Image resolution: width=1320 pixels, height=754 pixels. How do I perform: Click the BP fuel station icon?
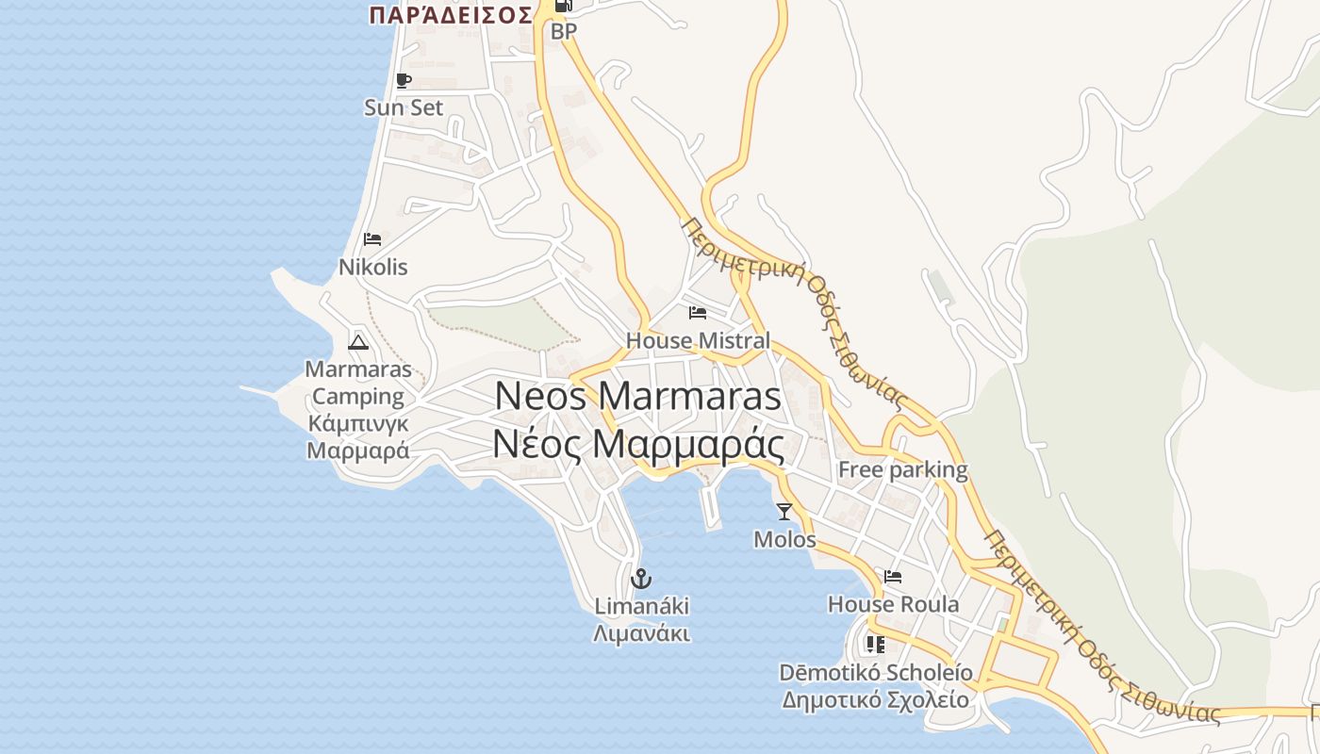pyautogui.click(x=564, y=6)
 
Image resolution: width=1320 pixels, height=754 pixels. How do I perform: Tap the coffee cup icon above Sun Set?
pyautogui.click(x=404, y=81)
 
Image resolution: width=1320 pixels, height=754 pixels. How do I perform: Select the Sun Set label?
pyautogui.click(x=404, y=107)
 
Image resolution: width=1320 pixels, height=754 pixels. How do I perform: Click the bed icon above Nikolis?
pyautogui.click(x=372, y=239)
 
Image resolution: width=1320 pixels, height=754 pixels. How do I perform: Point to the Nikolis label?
pyautogui.click(x=373, y=268)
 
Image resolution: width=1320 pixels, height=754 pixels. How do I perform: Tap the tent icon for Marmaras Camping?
pyautogui.click(x=357, y=341)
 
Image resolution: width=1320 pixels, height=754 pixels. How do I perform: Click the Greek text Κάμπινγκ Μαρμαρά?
pyautogui.click(x=358, y=436)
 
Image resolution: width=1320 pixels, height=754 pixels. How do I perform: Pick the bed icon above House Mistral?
pyautogui.click(x=698, y=313)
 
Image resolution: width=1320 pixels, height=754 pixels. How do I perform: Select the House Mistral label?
pyautogui.click(x=698, y=340)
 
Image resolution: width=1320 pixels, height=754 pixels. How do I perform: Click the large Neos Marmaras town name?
pyautogui.click(x=638, y=396)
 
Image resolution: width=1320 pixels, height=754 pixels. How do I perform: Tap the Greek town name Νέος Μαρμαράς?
pyautogui.click(x=638, y=443)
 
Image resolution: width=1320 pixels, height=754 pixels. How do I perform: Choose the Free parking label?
pyautogui.click(x=902, y=469)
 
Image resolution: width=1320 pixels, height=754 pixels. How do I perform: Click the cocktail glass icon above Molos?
pyautogui.click(x=784, y=512)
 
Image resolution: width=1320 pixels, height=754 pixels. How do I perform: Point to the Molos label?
pyautogui.click(x=784, y=539)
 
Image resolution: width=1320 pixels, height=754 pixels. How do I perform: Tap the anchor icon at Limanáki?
pyautogui.click(x=641, y=578)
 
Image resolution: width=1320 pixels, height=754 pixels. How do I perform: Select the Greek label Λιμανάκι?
pyautogui.click(x=641, y=633)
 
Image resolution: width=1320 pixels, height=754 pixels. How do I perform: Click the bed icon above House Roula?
pyautogui.click(x=893, y=577)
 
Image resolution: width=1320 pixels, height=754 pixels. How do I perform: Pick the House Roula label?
pyautogui.click(x=893, y=604)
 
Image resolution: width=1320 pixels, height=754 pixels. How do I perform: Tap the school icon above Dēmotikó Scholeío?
pyautogui.click(x=875, y=645)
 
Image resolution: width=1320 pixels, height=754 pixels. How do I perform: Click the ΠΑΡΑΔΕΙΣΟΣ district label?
pyautogui.click(x=451, y=15)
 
